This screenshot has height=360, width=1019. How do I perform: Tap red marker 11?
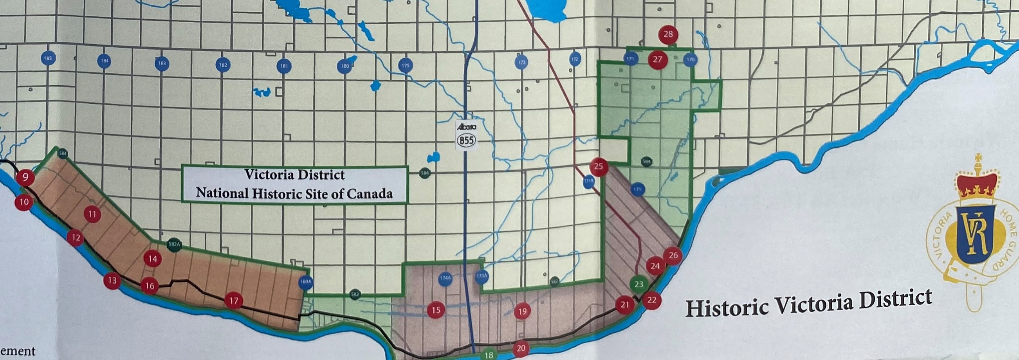coord(92,214)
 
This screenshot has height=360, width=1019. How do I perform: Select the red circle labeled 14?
coord(153,259)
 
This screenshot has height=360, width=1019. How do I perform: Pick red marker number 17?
coord(234,301)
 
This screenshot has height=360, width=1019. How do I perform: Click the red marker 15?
coord(436,310)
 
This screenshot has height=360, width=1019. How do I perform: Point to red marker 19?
coord(523,311)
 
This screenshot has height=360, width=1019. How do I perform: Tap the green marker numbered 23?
coord(638,284)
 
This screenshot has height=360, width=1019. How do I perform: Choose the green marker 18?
coord(489,355)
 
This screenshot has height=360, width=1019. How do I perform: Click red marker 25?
coord(599,166)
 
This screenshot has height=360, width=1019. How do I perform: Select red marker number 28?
coord(668,34)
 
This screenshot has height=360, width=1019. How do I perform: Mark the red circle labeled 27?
coord(657,59)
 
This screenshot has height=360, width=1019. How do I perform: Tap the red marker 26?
coord(673,256)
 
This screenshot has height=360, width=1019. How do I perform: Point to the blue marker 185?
coord(47,59)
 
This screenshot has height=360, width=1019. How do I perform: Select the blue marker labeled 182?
coord(223,65)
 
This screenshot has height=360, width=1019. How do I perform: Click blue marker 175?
coord(406,66)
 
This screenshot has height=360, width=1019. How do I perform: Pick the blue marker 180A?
coord(305,283)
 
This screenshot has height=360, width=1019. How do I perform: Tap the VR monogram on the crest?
coord(976,238)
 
